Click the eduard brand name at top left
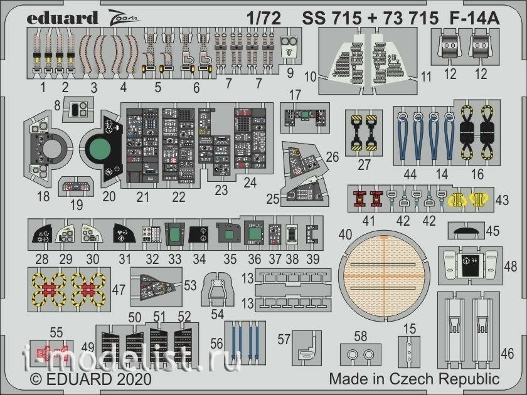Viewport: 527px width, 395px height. click(x=62, y=18)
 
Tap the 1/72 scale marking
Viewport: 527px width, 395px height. click(x=263, y=18)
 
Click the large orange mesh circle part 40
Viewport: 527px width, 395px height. click(x=383, y=276)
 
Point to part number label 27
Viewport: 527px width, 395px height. click(x=364, y=164)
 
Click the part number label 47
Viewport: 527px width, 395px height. click(x=119, y=289)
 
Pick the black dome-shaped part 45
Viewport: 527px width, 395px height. click(x=466, y=231)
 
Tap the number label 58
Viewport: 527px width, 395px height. click(x=361, y=336)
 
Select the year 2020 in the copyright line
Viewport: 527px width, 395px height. click(x=134, y=379)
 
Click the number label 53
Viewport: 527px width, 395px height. click(x=190, y=285)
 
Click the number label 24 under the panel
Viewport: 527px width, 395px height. click(x=250, y=182)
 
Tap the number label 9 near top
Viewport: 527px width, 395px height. click(x=290, y=73)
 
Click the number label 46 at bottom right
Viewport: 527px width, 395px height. click(x=508, y=354)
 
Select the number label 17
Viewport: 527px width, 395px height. click(x=295, y=95)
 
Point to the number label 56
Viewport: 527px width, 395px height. click(x=217, y=344)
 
